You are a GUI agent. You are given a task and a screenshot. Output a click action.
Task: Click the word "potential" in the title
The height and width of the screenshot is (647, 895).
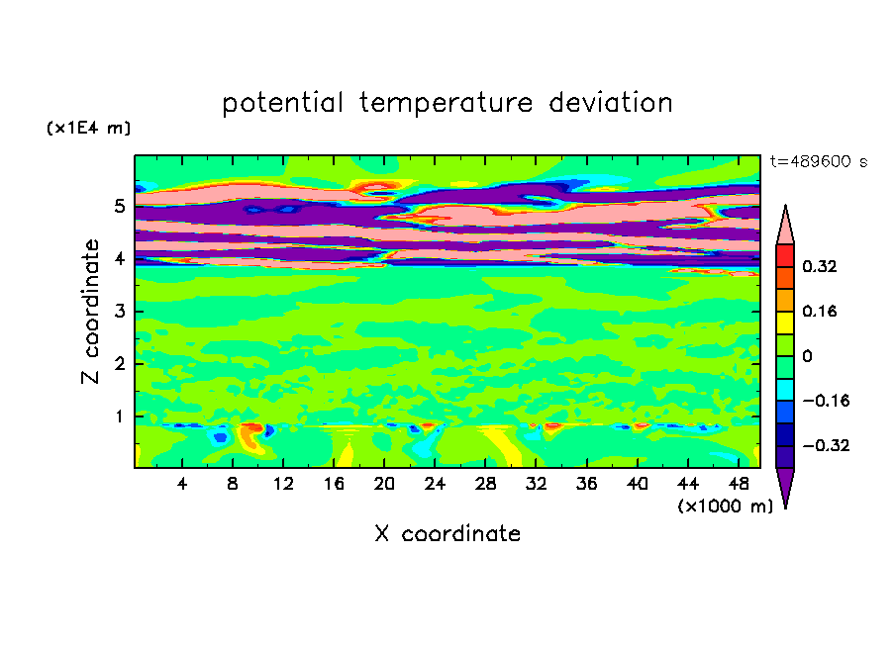coord(282,103)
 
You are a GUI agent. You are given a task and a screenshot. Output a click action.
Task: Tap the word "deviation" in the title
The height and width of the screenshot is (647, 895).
coord(611,103)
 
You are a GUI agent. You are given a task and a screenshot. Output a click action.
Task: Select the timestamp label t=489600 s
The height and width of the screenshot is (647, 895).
coord(819,161)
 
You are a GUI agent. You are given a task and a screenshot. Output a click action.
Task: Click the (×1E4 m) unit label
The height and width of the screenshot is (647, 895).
coord(88,128)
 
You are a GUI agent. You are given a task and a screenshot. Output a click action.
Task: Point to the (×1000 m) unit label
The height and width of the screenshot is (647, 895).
coord(725,507)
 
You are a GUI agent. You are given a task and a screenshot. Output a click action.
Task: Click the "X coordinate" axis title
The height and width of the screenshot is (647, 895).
coord(447,533)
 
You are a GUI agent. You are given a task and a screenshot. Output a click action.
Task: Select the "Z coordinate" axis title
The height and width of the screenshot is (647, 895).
coord(90,311)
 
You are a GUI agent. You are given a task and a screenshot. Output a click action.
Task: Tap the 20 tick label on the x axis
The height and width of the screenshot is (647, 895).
coord(384,484)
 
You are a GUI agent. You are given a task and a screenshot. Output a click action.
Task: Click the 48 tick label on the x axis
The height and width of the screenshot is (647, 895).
coord(739,484)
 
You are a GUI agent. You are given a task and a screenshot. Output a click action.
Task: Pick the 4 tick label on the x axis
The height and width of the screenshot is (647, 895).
coord(182,484)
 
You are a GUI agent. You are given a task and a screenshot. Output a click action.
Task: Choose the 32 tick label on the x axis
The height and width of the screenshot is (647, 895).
coord(536,484)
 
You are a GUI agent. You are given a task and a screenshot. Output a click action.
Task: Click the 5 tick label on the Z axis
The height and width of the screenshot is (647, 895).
coord(119,206)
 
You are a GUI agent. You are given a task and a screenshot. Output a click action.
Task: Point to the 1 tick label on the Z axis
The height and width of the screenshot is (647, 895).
coord(119,416)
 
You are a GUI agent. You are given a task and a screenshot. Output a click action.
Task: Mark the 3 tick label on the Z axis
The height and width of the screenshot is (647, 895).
coord(119,312)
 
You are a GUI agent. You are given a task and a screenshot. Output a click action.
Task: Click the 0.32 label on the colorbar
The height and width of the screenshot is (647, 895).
coord(819,266)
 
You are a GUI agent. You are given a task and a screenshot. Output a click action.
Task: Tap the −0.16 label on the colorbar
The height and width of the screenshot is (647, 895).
coord(826,401)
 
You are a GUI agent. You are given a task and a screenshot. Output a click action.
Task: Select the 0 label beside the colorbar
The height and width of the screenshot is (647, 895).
coord(807,356)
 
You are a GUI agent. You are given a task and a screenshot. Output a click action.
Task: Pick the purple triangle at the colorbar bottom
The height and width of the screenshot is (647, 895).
coord(785,485)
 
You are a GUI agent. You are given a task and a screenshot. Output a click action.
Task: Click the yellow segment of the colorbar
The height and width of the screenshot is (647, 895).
coord(785,323)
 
